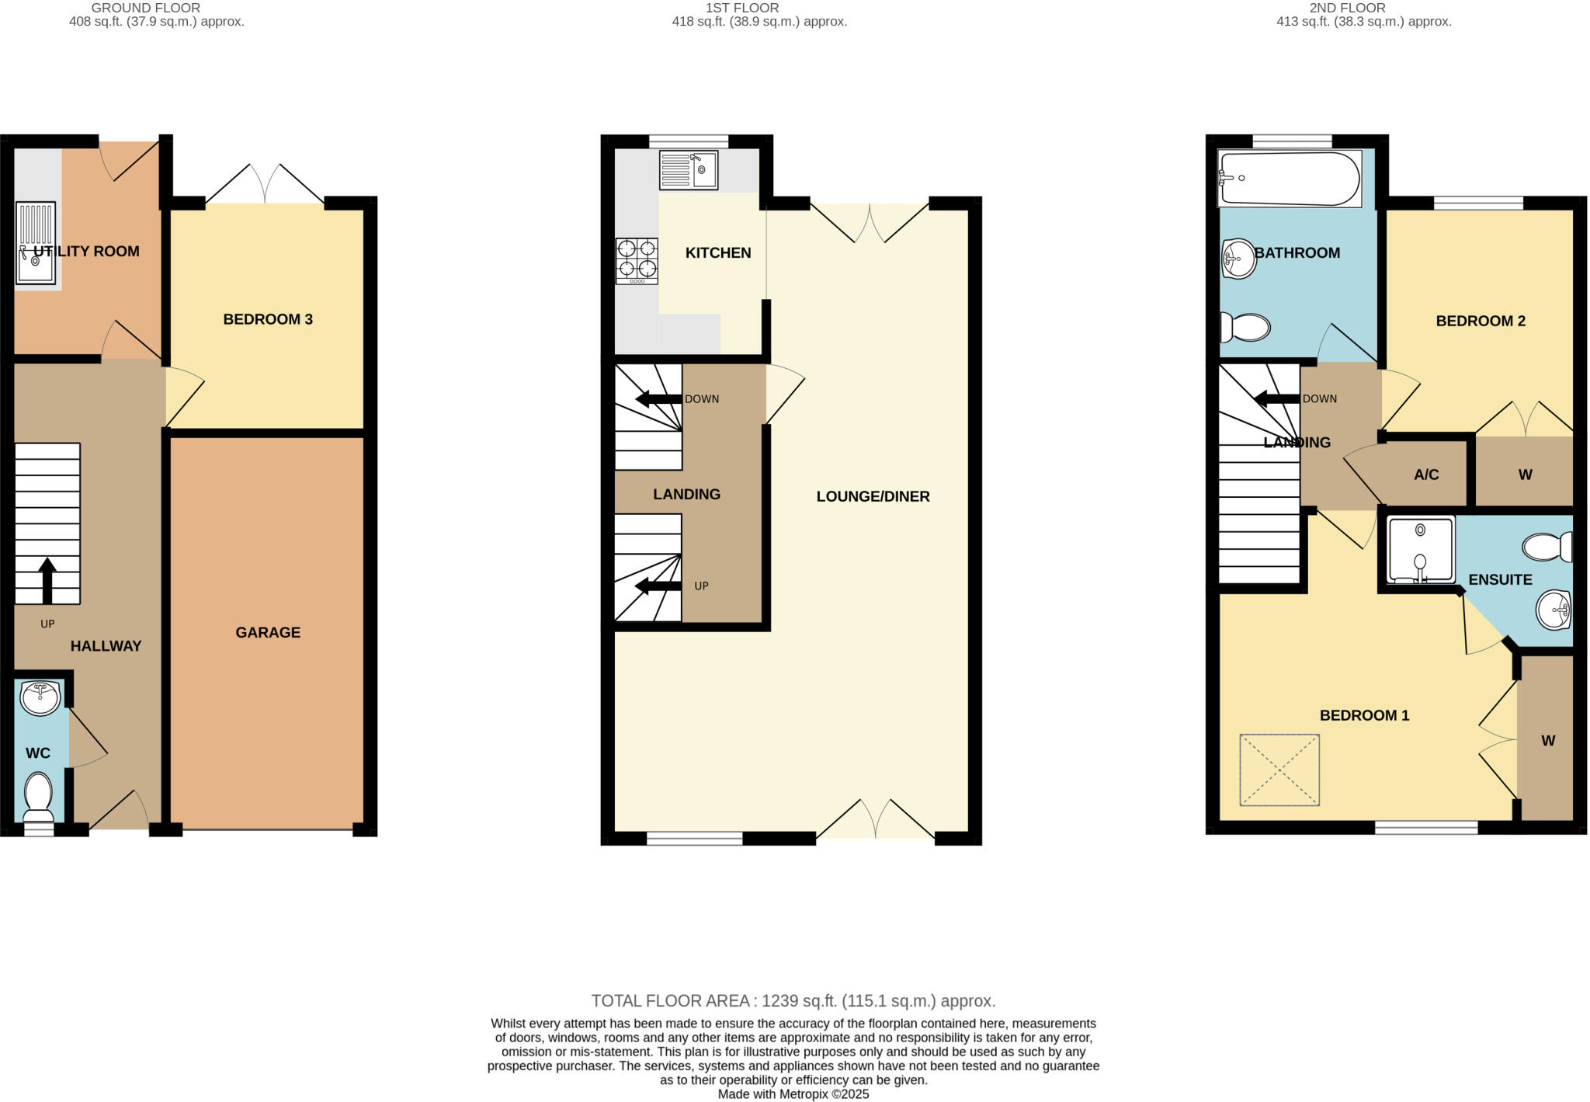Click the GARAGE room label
coord(268,632)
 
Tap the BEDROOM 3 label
coord(268,319)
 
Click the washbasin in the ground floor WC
coord(40,697)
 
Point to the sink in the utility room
coord(36,243)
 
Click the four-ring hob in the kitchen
coord(637,261)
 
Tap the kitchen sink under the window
coord(688,170)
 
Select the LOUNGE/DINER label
coord(873,496)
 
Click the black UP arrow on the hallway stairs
coord(47,579)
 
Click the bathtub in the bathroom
coord(1290,179)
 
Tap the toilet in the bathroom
coord(1245,327)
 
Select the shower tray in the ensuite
coord(1421,550)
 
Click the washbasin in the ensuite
coord(1554,610)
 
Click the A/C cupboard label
coord(1426,475)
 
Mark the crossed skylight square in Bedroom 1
coord(1279,770)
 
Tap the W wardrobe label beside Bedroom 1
coord(1547,741)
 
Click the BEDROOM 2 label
coord(1481,321)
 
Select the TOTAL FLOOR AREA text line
coord(793,1000)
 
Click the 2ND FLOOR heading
coord(1363,8)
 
